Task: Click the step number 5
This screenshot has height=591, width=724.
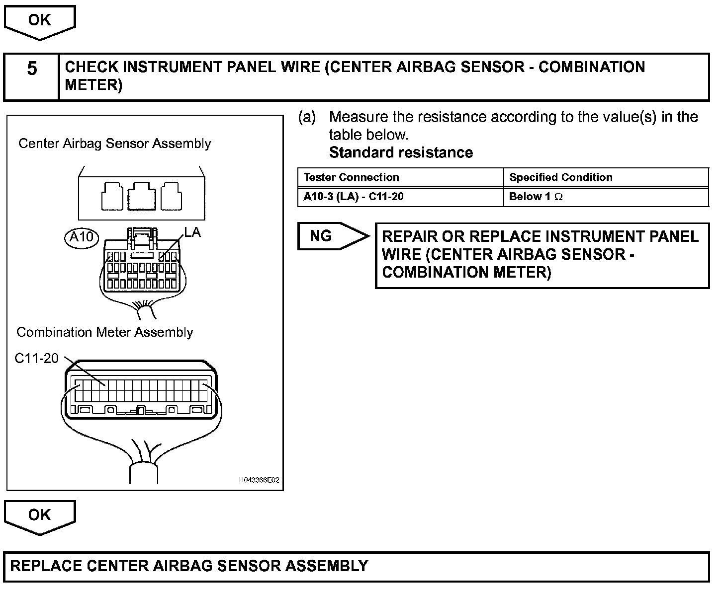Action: tap(32, 69)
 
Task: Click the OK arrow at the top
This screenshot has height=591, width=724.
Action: tap(39, 21)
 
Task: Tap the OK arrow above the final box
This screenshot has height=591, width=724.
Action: tap(39, 516)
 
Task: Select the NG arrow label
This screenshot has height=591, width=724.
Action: tap(322, 236)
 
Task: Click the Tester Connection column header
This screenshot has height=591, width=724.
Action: tap(351, 177)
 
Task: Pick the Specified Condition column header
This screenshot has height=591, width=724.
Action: tap(560, 177)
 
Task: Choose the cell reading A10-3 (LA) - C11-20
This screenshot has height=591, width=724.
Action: tap(354, 197)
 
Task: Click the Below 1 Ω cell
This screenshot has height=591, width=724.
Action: tap(536, 197)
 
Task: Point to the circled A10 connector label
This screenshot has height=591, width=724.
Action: tap(82, 237)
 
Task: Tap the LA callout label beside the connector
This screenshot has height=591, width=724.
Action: tap(192, 232)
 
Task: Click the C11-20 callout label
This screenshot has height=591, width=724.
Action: tap(36, 358)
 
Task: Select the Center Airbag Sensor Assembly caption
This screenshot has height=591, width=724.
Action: tap(115, 144)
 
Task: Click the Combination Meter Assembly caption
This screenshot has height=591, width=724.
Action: tap(105, 332)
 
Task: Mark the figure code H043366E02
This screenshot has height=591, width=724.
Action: tap(259, 480)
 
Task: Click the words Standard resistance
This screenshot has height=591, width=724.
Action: tap(401, 152)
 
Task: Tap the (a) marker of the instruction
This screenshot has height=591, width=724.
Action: tap(307, 117)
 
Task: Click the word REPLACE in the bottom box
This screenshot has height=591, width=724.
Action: tap(46, 566)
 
